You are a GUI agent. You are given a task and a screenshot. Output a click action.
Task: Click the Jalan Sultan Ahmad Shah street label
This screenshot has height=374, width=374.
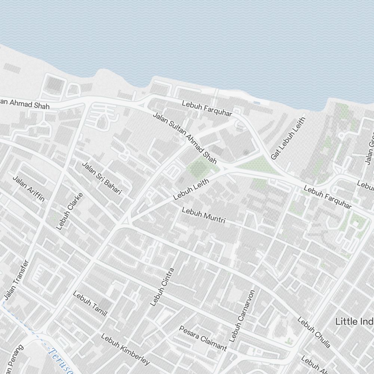184,138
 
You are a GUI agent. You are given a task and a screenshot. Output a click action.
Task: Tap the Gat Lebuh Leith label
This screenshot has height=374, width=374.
288,138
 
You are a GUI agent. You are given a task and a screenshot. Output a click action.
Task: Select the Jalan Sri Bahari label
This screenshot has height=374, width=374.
102,178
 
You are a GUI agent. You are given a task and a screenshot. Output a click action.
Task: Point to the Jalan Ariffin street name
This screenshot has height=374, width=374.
29,188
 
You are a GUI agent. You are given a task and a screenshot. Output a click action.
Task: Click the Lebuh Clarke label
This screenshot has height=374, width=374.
69,211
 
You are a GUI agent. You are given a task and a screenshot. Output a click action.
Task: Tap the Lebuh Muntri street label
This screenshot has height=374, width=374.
203,215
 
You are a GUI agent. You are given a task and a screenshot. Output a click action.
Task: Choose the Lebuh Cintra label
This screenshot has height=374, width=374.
162,287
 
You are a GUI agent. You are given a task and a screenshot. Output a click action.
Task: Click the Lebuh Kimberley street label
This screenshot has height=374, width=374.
125,349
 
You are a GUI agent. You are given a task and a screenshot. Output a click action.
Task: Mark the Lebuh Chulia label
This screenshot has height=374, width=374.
314,332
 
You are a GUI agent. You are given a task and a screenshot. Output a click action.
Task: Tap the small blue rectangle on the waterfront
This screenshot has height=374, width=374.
257,102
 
